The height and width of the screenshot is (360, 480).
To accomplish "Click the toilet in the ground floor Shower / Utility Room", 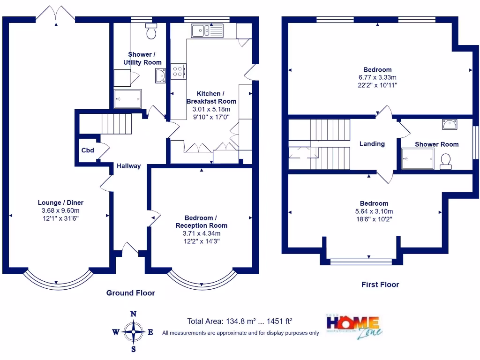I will pos(151,31).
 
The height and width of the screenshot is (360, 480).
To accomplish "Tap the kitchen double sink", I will pos(208,31).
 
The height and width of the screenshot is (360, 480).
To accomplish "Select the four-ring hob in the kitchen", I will pos(179,71).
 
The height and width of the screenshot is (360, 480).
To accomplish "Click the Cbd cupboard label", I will pos(88,150).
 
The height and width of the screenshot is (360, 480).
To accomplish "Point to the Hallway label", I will pos(128,166).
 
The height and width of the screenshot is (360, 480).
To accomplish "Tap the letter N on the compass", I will pos(133,314).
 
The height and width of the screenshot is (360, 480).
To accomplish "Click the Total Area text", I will pos(240,322).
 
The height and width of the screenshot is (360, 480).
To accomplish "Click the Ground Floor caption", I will pos(130,293).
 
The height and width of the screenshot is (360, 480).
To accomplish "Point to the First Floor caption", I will pos(380,285).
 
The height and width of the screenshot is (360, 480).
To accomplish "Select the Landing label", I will pos(372,144).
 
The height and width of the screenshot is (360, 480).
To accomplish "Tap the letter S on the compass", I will pos(134,349).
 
